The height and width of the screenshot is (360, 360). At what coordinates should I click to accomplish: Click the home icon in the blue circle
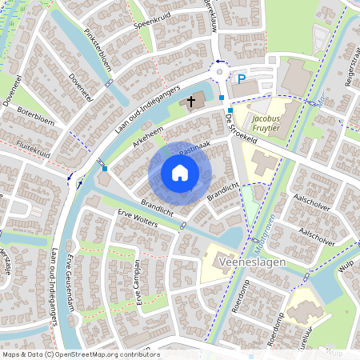point(180,173)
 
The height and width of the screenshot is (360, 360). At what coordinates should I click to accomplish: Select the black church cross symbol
point(192,102)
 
